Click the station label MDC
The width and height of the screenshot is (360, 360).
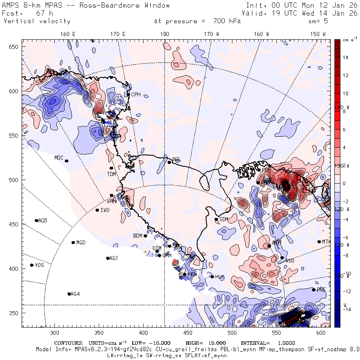[59, 158]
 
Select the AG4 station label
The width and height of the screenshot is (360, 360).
[75, 294]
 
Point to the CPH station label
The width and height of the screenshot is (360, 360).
[136, 95]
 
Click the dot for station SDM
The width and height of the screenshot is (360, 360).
[216, 219]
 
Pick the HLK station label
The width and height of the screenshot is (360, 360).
[220, 277]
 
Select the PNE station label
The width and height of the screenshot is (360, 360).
[321, 290]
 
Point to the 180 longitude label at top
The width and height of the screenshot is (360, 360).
[164, 34]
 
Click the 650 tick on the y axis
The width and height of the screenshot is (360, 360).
[14, 47]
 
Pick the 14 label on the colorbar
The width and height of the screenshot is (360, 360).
[346, 58]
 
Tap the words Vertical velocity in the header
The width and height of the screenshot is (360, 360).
[37, 21]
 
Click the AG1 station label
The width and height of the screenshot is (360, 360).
[114, 258]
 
